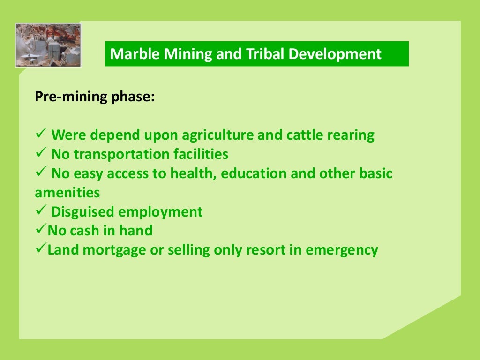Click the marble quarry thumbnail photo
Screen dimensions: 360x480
point(48,45)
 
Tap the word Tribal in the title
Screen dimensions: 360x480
point(263,54)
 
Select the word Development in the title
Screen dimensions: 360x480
point(335,54)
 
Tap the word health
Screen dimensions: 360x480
point(192,173)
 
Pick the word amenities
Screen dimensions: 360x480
point(67,193)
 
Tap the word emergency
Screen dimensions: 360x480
point(342,250)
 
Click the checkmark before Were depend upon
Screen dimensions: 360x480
point(40,135)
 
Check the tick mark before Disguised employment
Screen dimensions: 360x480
point(40,211)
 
